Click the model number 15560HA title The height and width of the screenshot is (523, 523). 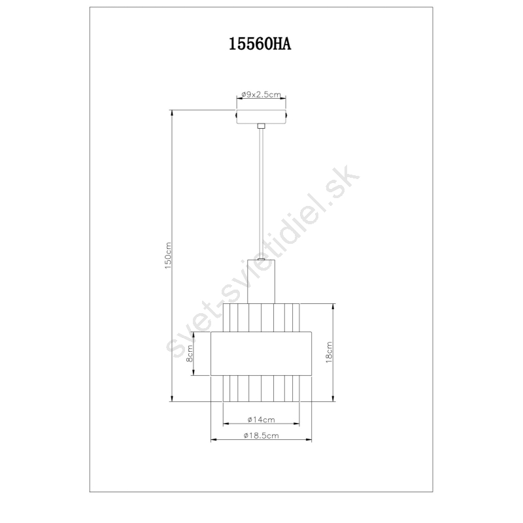(x=260, y=44)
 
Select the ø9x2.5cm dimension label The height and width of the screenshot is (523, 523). (x=261, y=94)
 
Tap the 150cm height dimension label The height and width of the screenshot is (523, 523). (x=168, y=256)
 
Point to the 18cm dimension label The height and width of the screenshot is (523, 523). (x=329, y=352)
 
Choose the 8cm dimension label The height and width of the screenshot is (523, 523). (x=189, y=354)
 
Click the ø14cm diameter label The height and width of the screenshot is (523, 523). (x=261, y=420)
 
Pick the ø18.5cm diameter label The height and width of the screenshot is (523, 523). (x=261, y=435)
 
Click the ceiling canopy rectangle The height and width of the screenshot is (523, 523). (x=261, y=116)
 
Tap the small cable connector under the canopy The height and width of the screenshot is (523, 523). (x=261, y=126)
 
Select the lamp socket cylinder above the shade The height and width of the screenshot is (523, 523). (x=261, y=281)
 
